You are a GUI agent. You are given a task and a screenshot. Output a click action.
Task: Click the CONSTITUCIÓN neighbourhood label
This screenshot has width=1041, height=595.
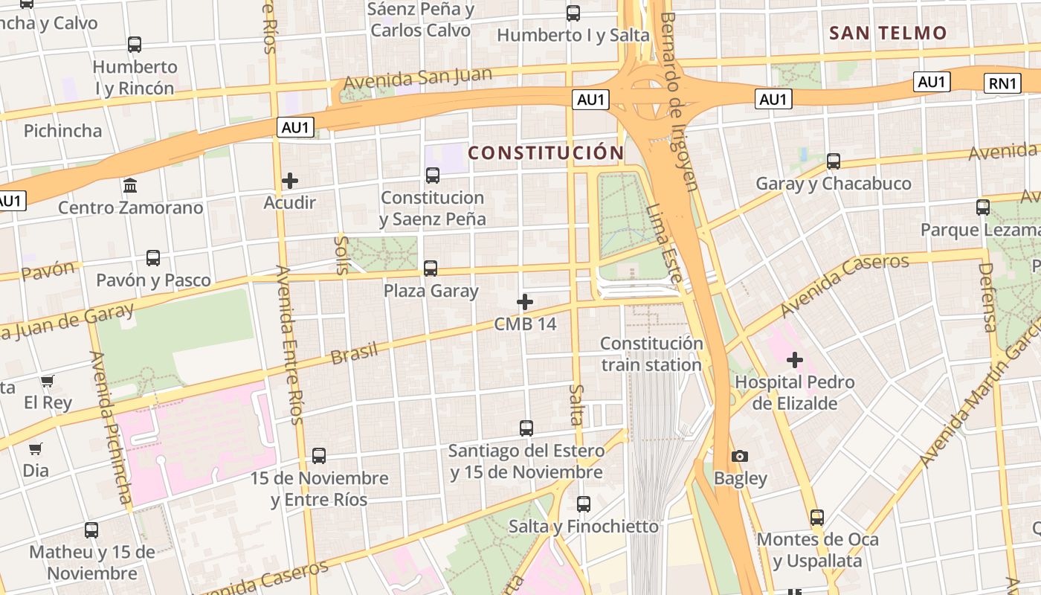coord(546,153)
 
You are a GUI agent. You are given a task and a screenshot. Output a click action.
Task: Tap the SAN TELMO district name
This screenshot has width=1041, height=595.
coord(888,33)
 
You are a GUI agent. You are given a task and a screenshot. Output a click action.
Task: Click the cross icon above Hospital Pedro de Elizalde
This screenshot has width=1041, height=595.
coord(795,361)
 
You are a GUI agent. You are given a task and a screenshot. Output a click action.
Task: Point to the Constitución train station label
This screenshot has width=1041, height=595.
coord(651,354)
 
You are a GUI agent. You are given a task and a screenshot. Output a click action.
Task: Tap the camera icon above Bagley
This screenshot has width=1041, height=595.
coord(739,456)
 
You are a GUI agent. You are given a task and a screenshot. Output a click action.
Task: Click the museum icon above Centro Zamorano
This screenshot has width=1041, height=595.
coord(130,184)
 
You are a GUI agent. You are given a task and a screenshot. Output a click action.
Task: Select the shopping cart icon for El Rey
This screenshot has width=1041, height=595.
coord(48,382)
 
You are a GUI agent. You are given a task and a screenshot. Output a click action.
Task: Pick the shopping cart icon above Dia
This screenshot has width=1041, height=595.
coord(35,448)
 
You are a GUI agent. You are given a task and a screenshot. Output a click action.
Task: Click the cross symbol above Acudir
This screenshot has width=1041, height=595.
coord(290,181)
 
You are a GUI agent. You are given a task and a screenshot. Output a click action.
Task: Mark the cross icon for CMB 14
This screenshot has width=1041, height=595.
coord(525,302)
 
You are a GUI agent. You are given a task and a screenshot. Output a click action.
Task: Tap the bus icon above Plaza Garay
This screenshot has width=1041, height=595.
coord(431,268)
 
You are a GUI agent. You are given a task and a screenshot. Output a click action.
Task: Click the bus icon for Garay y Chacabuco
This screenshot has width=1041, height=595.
coord(834,161)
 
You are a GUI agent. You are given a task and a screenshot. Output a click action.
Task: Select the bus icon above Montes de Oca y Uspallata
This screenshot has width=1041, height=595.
coord(817,517)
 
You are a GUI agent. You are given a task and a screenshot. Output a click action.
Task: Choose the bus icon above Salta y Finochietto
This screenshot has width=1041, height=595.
coord(584,504)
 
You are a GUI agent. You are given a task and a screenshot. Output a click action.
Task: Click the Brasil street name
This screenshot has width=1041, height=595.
coord(355,352)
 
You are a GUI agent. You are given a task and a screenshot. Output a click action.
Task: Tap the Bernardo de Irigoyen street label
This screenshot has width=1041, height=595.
coord(679,100)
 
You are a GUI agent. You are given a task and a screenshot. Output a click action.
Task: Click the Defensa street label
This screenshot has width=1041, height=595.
coord(987,297)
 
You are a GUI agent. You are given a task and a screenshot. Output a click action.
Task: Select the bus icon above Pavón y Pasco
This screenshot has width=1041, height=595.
coord(153,258)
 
